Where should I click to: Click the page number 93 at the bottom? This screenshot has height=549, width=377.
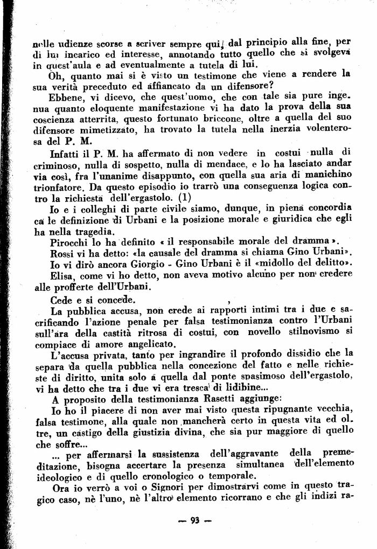click(x=194, y=520)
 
